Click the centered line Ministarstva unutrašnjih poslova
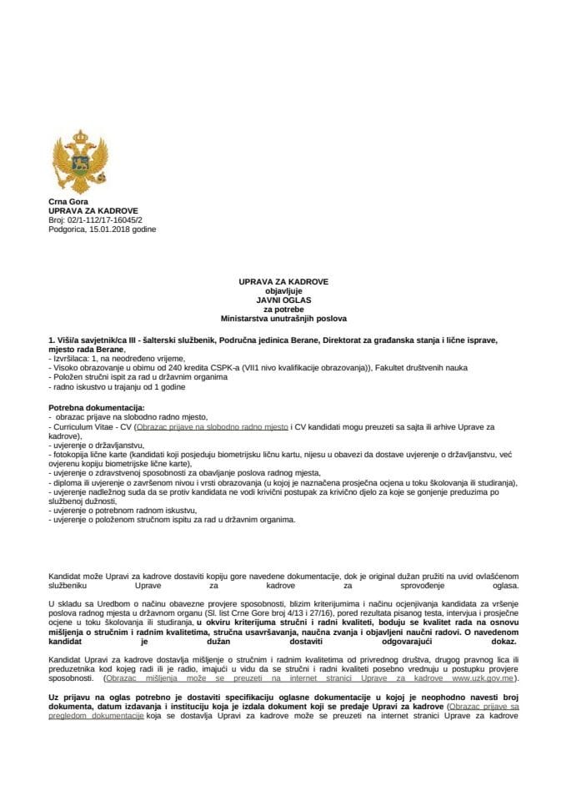point(283,318)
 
